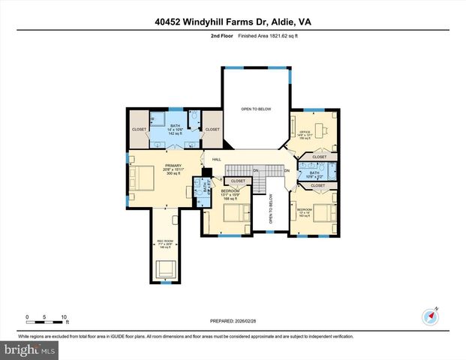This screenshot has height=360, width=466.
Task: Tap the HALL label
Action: tap(216, 159)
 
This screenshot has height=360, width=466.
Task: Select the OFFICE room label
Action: tap(305, 131)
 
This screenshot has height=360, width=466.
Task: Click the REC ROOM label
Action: tap(165, 241)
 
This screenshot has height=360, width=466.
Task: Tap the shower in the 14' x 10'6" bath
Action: tap(159, 118)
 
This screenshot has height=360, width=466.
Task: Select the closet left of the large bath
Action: tap(140, 130)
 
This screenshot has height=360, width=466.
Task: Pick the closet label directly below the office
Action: tap(319, 157)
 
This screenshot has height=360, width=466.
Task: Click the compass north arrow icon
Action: tap(430, 315)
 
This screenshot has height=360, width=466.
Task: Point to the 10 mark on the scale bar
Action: tap(64, 317)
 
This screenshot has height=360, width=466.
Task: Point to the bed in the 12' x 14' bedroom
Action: tap(325, 212)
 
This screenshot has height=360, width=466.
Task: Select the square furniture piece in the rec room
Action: tap(165, 268)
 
